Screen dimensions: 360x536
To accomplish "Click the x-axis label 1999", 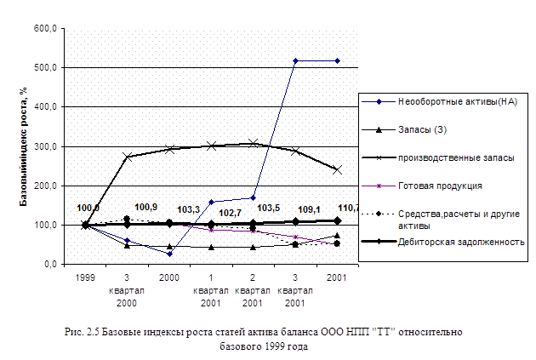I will coord(84,278).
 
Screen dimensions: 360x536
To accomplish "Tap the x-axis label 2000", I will coord(169,278).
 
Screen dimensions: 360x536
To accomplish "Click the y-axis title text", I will coord(25,148).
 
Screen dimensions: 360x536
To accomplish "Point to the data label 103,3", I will coord(189,209).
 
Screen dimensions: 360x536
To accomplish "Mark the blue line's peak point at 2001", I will coord(337,60).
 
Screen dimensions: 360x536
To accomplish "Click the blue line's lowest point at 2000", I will coord(169,254).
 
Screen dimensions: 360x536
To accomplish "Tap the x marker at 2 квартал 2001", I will coord(253,143).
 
